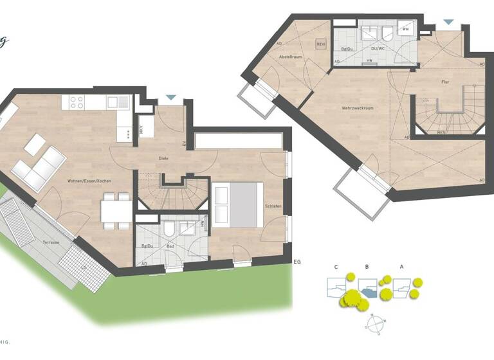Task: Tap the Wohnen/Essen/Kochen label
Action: (x=89, y=181)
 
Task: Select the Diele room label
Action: (x=165, y=157)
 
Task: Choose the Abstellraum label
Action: (x=290, y=57)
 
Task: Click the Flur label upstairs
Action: (x=444, y=82)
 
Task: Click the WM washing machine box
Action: (x=406, y=29)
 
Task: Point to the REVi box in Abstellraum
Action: (x=322, y=44)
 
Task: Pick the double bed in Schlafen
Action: (x=237, y=204)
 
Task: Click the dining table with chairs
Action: (x=116, y=211)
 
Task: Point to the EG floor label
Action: (x=297, y=262)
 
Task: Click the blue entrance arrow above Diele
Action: (x=170, y=98)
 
